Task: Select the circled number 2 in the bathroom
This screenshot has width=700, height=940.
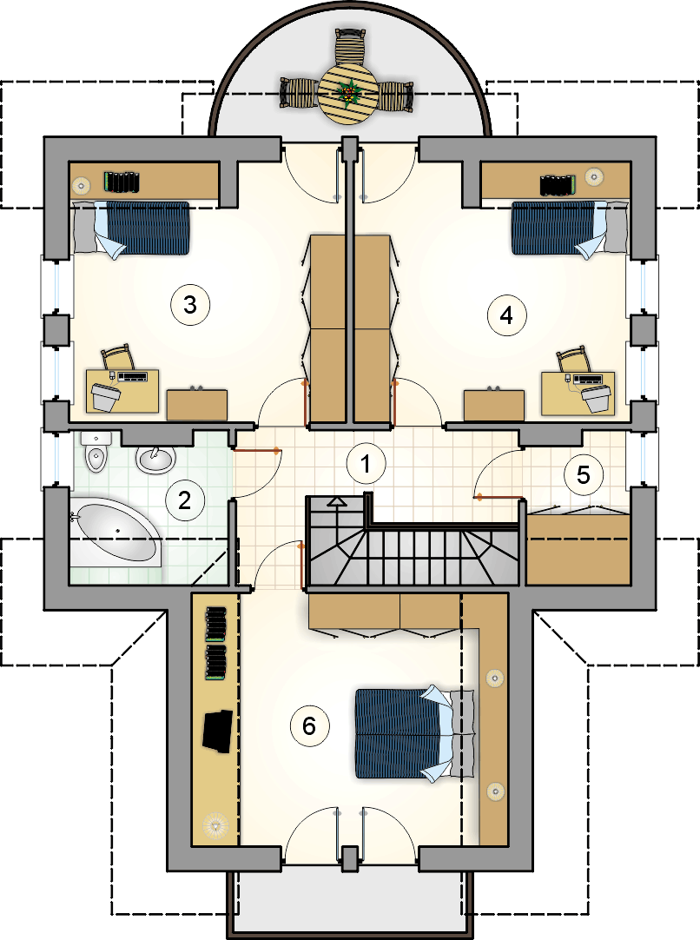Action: [x=184, y=500]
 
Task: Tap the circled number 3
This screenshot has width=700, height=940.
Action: [x=190, y=305]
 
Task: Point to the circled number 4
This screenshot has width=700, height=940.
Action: [x=506, y=314]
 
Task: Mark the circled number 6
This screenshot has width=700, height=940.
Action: [x=308, y=725]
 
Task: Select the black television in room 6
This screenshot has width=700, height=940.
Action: [x=216, y=729]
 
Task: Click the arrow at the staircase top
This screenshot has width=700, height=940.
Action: [x=337, y=501]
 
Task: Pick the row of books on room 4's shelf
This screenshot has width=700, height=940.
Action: [x=558, y=184]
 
